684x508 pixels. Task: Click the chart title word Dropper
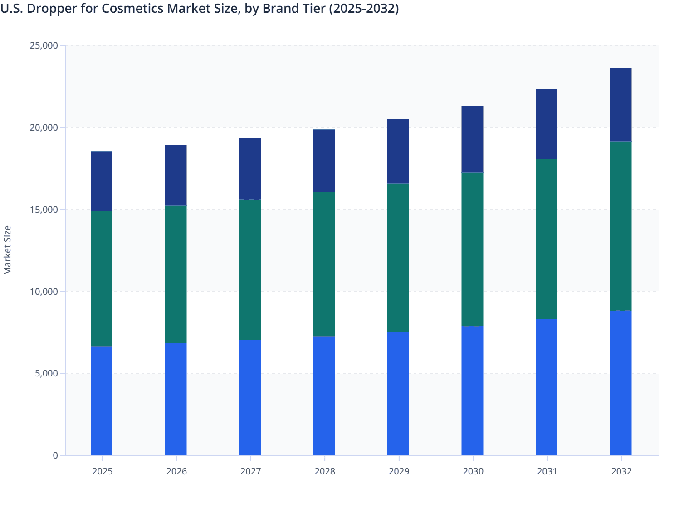[47, 9]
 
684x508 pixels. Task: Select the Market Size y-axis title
[7, 250]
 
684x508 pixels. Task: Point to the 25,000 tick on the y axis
[44, 45]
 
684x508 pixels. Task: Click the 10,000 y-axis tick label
[44, 292]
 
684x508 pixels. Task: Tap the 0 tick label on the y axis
[55, 455]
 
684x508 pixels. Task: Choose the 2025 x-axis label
[102, 471]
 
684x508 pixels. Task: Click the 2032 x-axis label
[621, 471]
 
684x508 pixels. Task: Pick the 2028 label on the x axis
[324, 471]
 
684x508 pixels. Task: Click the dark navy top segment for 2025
[102, 181]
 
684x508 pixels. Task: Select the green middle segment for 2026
[176, 274]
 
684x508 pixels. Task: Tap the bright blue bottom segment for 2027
[250, 397]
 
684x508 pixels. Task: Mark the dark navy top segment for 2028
[324, 161]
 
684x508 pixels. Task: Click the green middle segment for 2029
[398, 258]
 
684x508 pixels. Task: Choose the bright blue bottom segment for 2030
[472, 391]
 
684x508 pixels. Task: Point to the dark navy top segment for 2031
[547, 124]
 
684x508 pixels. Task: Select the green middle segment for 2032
[620, 226]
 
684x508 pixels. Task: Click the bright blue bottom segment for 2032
[620, 383]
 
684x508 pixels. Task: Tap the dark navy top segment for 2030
[472, 139]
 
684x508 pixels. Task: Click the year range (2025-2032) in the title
[364, 9]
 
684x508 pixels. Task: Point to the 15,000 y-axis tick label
[44, 210]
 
